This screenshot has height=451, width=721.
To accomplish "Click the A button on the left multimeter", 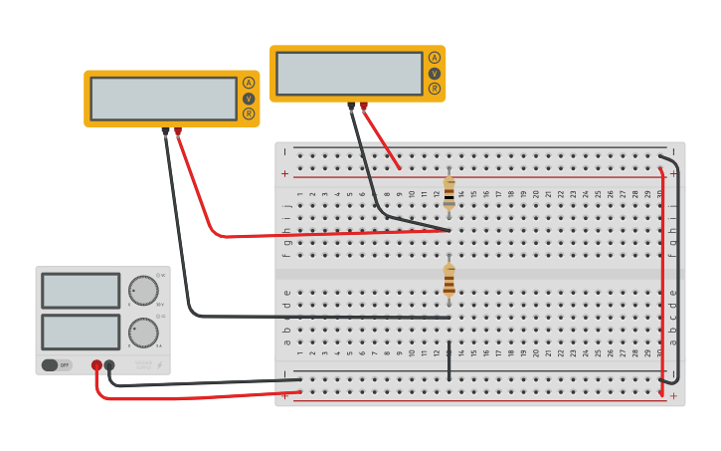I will (x=249, y=83).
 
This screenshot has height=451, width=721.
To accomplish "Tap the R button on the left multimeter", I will (x=249, y=113).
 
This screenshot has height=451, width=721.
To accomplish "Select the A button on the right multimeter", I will (x=435, y=58).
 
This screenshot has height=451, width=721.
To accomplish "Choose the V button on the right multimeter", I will (x=435, y=74).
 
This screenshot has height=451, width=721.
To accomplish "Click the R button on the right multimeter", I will (x=435, y=89).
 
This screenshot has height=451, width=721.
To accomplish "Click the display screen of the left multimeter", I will (x=163, y=99).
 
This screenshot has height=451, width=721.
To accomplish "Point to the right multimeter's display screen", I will (x=349, y=74).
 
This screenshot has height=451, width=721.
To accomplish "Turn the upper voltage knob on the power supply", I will (x=143, y=291).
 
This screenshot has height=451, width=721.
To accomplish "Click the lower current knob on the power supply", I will (x=143, y=332).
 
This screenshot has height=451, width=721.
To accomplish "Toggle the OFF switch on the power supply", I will (x=57, y=364).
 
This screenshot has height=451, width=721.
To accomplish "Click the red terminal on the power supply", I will (x=96, y=365).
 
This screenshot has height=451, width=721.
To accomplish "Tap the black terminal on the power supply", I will (x=109, y=365).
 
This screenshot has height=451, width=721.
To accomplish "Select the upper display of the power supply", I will (x=81, y=291).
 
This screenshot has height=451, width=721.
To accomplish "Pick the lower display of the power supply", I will (x=81, y=332).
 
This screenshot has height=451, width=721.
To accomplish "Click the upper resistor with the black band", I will (x=450, y=193).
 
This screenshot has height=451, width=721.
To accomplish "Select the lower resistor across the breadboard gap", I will (x=450, y=280).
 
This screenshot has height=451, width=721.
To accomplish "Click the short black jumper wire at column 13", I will (x=449, y=360).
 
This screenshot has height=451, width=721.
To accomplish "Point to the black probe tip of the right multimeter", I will (x=351, y=106).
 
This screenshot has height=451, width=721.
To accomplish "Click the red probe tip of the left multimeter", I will (x=178, y=130).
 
